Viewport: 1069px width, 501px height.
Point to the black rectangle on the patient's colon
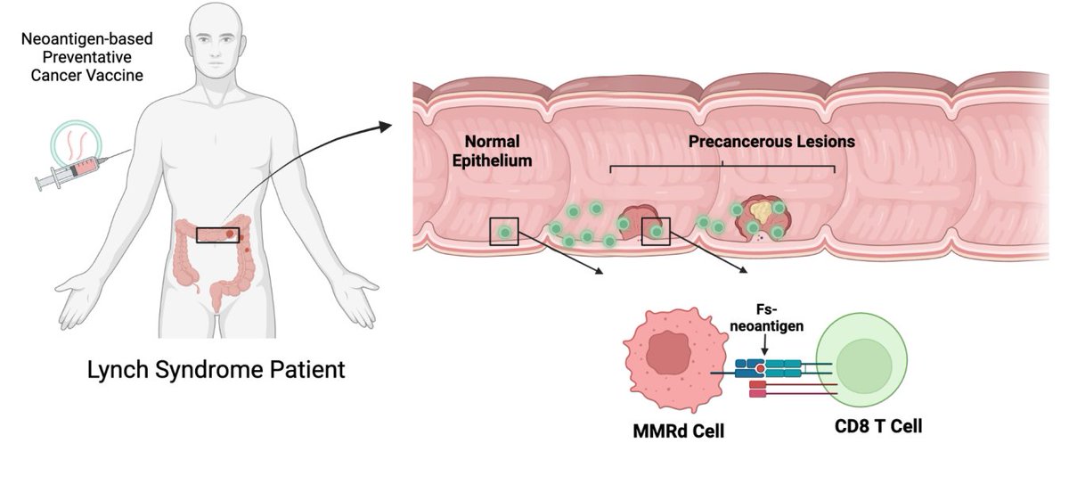pyautogui.click(x=219, y=234)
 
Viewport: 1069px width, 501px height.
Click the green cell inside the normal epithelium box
pyautogui.click(x=506, y=232)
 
